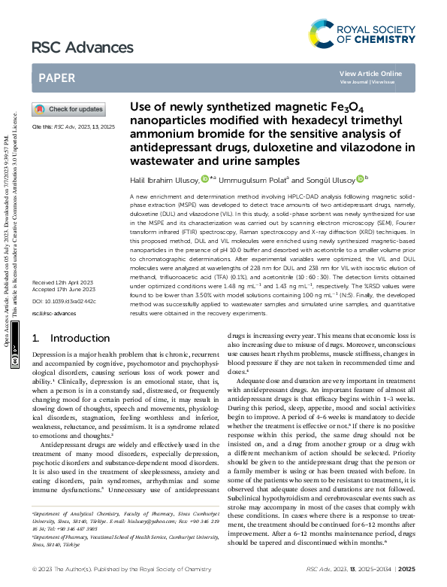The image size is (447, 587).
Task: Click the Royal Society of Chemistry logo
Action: point(361,32)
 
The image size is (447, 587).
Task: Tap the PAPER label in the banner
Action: point(56,78)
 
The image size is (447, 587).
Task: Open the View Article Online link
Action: point(370,73)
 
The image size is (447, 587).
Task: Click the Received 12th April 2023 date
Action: point(63,303)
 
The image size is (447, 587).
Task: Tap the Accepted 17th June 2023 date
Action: point(63,310)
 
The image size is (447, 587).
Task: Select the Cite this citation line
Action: point(73,127)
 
